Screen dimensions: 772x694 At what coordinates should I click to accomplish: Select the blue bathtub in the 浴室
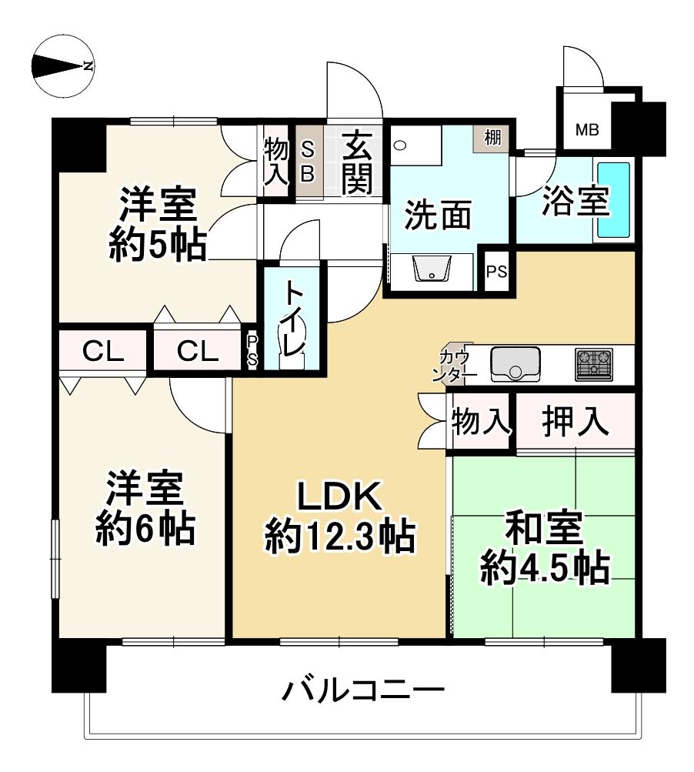point(613,200)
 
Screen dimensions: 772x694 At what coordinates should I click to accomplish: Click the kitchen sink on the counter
point(515,364)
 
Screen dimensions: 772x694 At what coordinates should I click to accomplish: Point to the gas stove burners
point(594,364)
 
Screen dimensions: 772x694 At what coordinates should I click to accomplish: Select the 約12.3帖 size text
point(339,536)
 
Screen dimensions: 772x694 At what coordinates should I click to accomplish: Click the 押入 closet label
point(576,422)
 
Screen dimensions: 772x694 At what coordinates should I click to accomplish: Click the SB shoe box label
point(307,162)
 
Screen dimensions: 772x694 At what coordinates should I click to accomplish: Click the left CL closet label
point(103,352)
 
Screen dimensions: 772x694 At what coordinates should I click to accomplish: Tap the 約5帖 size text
point(156,246)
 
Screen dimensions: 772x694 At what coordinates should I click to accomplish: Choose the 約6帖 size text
point(144,530)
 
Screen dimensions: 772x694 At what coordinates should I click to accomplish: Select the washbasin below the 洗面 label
point(434,269)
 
